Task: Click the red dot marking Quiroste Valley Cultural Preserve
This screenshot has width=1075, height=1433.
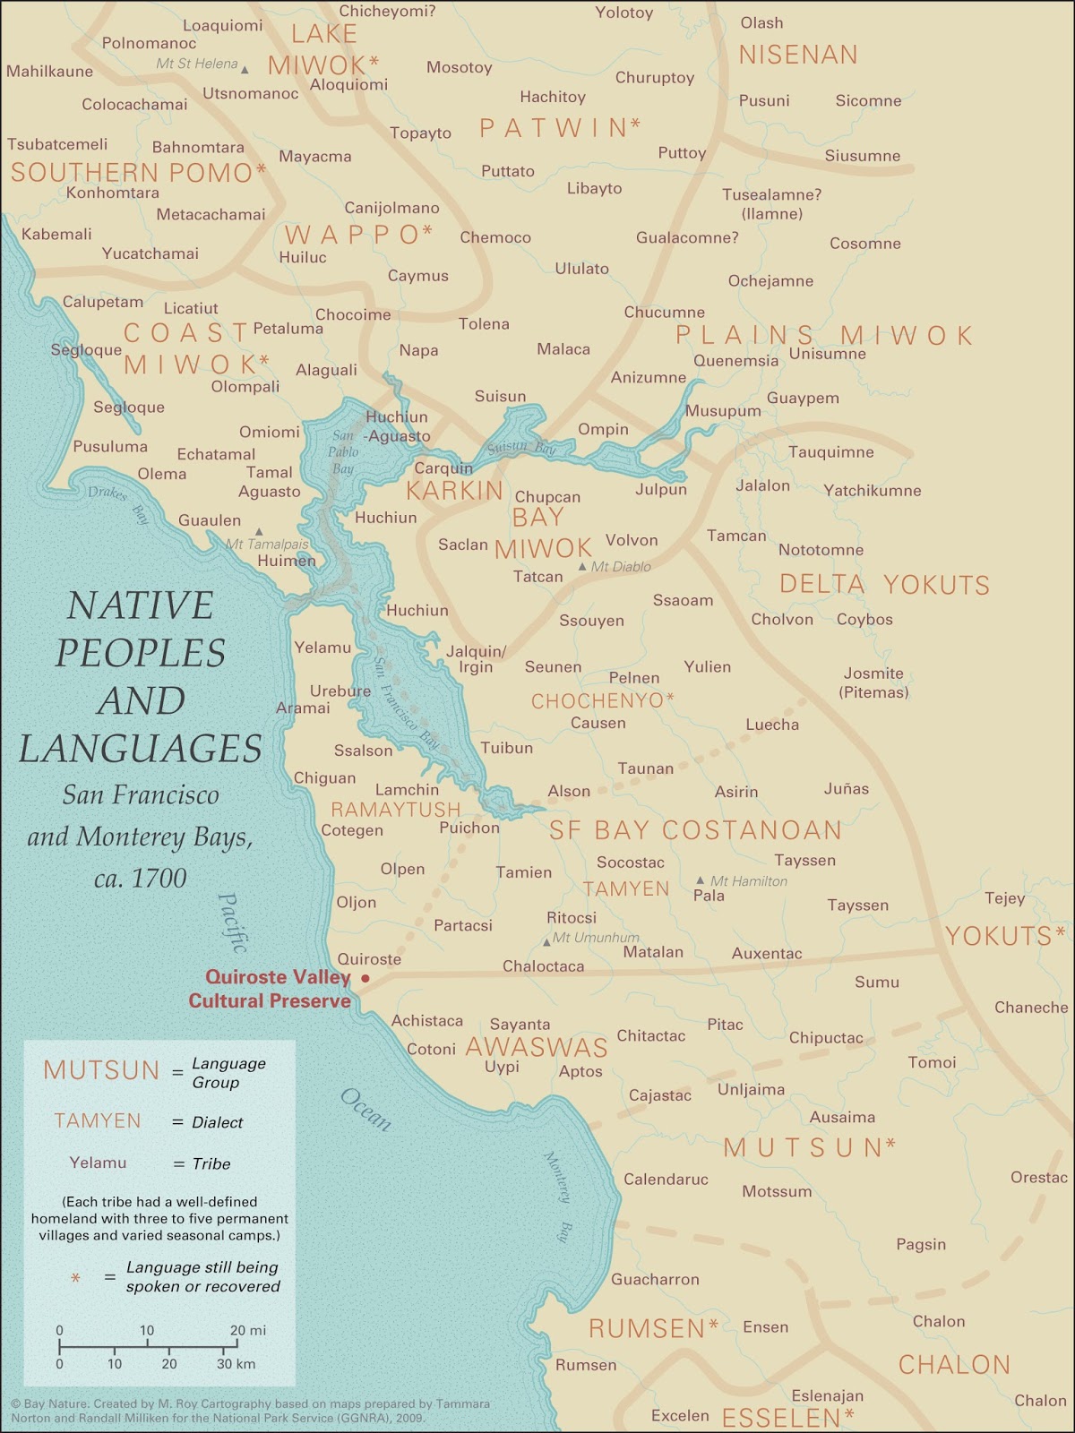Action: pyautogui.click(x=365, y=978)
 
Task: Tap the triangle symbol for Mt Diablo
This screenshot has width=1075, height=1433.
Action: pyautogui.click(x=582, y=567)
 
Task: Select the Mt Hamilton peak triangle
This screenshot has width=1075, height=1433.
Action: pyautogui.click(x=701, y=881)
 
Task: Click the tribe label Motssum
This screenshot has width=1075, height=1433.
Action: pyautogui.click(x=777, y=1191)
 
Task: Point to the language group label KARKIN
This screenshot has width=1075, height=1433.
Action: pyautogui.click(x=455, y=491)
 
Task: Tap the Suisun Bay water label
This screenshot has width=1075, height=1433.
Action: pyautogui.click(x=521, y=447)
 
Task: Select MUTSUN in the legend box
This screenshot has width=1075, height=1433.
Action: pyautogui.click(x=101, y=1070)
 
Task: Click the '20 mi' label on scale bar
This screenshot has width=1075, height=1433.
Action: pyautogui.click(x=248, y=1330)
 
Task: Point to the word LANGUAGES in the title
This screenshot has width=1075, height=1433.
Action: pyautogui.click(x=141, y=749)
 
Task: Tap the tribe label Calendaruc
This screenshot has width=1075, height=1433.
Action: pyautogui.click(x=666, y=1180)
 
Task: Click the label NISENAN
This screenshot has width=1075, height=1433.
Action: pyautogui.click(x=797, y=55)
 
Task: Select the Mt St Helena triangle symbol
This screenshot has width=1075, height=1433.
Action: pyautogui.click(x=245, y=69)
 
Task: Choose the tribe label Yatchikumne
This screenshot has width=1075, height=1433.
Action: pyautogui.click(x=872, y=491)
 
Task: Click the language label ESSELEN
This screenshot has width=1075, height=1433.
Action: pyautogui.click(x=780, y=1417)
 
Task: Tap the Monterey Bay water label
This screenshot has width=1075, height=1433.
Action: pyautogui.click(x=557, y=1197)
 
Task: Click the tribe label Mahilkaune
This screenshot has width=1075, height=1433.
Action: pyautogui.click(x=49, y=71)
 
